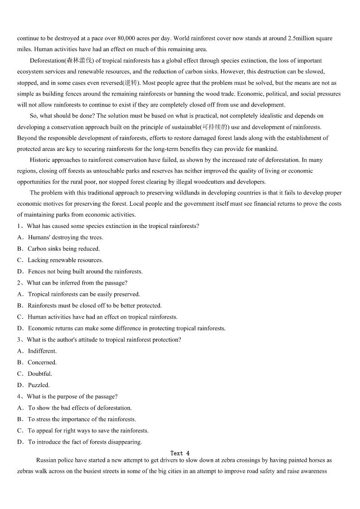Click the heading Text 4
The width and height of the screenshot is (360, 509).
(180, 453)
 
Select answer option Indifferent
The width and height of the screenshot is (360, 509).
(42, 351)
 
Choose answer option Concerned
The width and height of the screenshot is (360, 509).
(42, 363)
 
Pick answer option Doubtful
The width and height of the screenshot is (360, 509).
(40, 374)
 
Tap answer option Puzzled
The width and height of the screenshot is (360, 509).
(39, 385)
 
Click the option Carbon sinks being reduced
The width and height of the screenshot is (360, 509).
(63, 249)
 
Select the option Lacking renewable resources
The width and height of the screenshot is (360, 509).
(65, 260)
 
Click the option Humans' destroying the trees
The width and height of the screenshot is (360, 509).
(65, 238)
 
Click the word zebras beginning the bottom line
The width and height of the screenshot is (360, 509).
(26, 471)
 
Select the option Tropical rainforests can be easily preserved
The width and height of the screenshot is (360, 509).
(84, 294)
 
